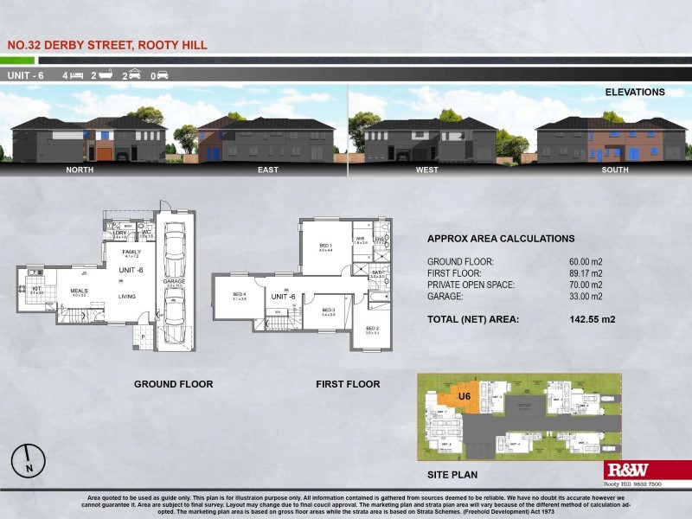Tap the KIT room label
pos(36,289)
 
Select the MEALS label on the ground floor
pos(79,291)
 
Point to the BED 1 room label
pos(325,247)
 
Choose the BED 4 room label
pos(240,294)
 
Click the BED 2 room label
pos(372,329)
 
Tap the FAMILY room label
pos(131,252)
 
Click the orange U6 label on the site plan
pos(465,396)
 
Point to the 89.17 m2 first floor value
pos(580,272)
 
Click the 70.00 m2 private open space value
pos(580,285)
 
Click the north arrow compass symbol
pos(29,459)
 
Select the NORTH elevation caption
pos(80,170)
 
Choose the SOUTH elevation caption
pos(615,170)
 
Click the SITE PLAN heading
pos(452,475)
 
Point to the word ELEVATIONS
pos(635,92)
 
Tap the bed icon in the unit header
pos(77,76)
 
